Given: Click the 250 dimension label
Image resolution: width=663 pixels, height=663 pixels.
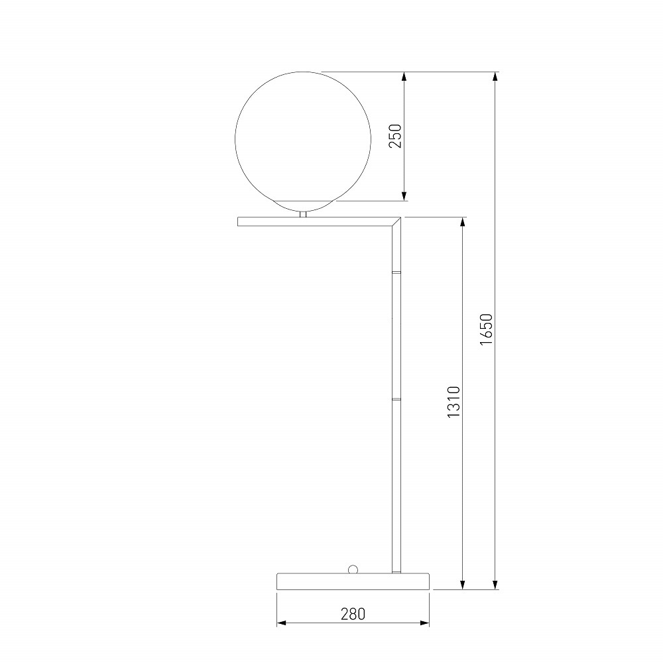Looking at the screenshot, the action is [395, 136].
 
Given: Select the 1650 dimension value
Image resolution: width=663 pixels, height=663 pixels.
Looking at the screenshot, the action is [486, 330].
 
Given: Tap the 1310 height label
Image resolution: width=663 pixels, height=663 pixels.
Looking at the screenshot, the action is [453, 402].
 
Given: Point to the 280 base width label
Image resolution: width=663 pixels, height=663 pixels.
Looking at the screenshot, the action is [353, 613].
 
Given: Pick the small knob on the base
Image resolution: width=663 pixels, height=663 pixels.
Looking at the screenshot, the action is [352, 569].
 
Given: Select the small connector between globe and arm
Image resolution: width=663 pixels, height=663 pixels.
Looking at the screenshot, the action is [303, 214].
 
